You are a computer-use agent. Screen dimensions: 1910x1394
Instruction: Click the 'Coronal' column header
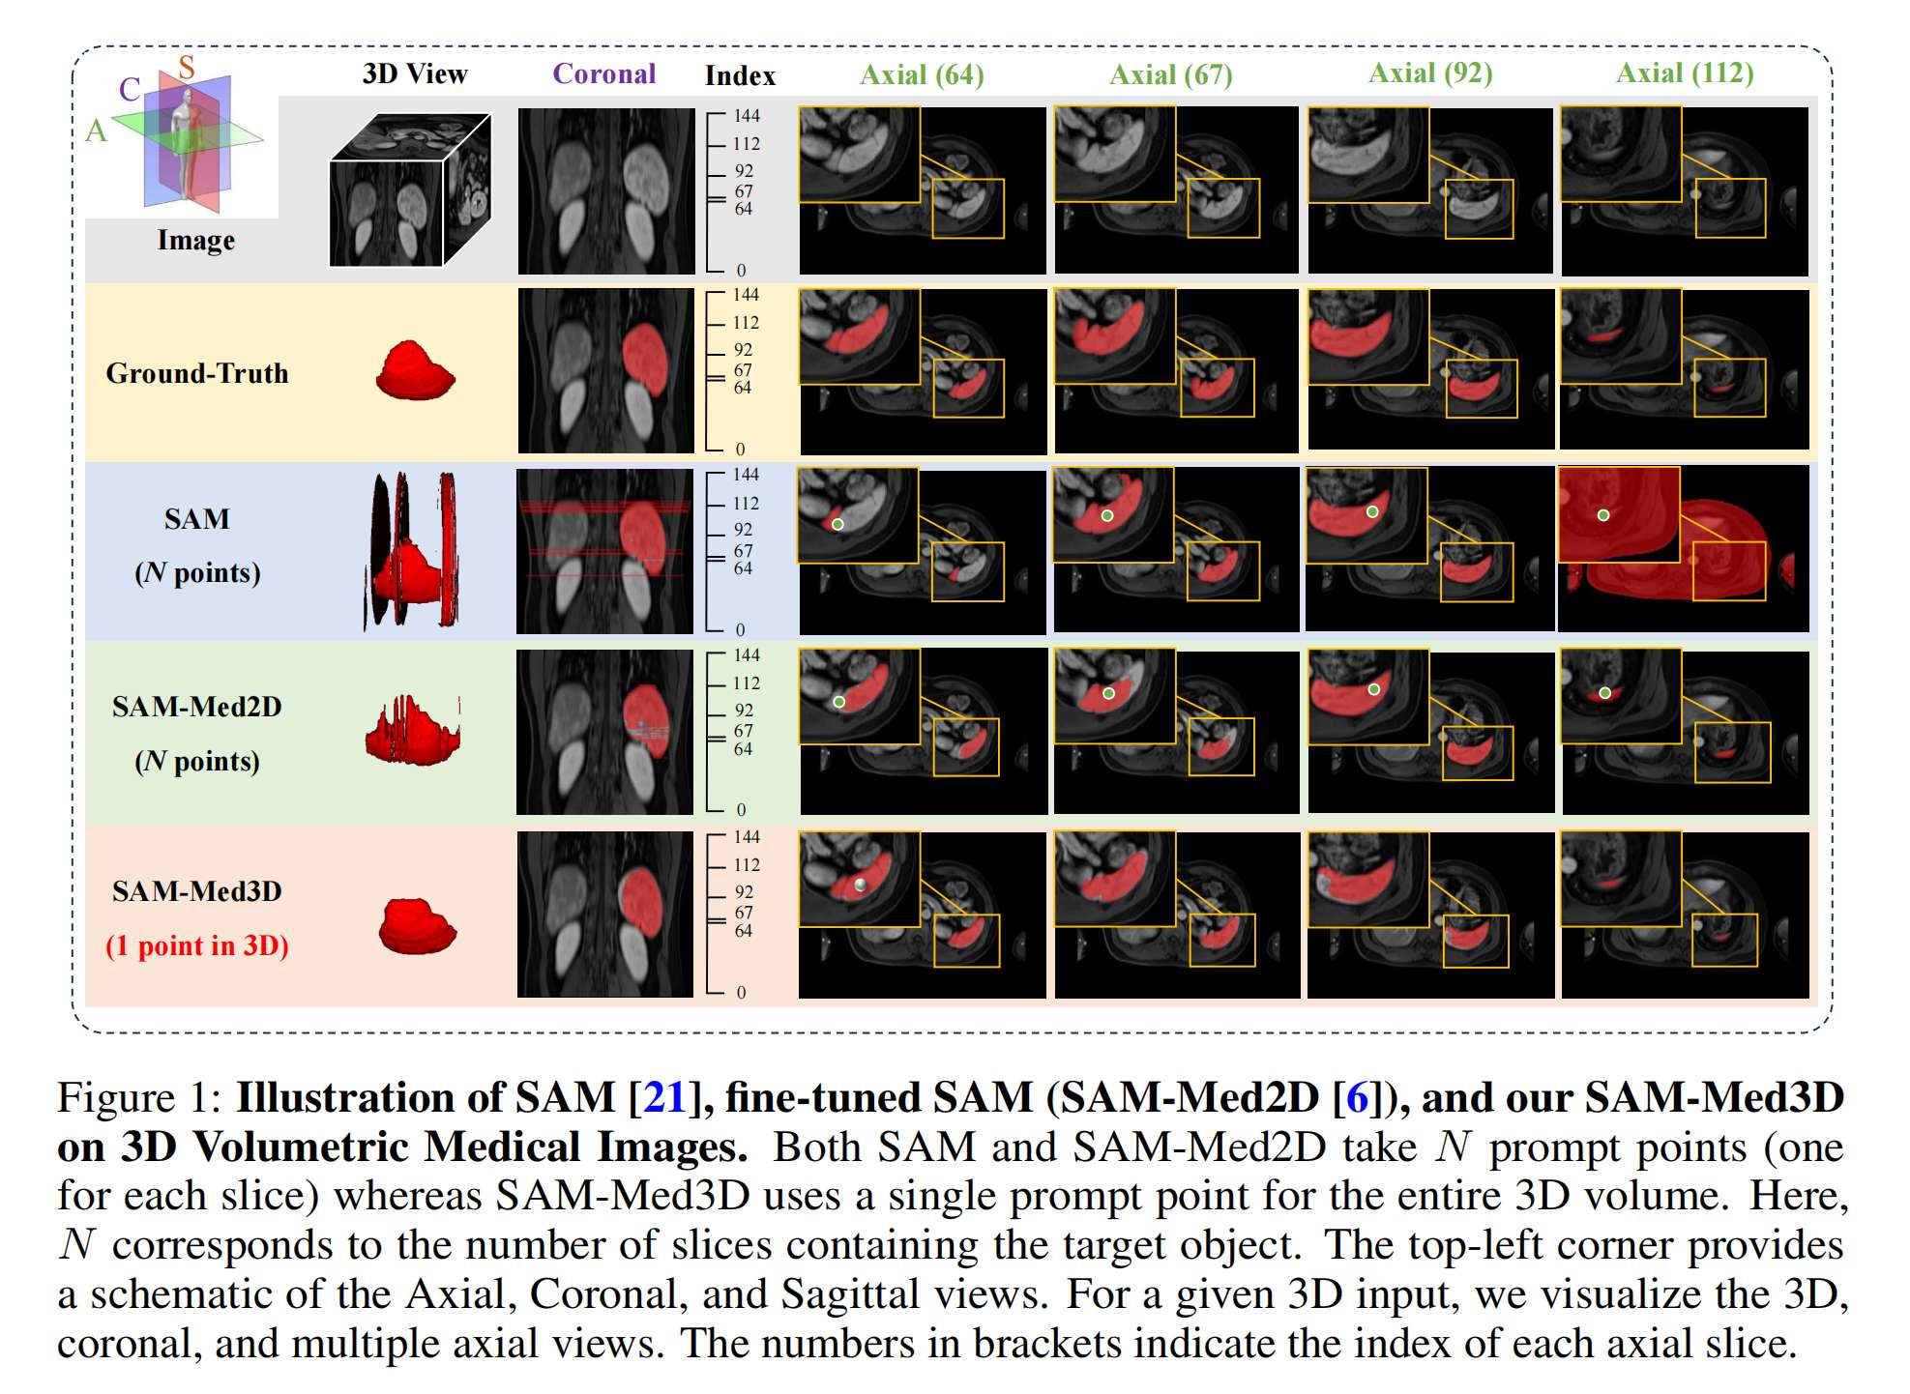pos(603,73)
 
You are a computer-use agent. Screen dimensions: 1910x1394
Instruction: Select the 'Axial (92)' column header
pos(1430,73)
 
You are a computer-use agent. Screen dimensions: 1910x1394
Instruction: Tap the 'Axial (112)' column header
pos(1685,73)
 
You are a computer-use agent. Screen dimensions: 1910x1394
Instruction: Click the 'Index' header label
pos(740,75)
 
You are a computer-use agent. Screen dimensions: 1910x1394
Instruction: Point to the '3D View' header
pos(415,73)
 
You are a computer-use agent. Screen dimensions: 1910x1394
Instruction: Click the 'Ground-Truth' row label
pos(197,373)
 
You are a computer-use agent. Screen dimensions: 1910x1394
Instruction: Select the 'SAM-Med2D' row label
pos(197,707)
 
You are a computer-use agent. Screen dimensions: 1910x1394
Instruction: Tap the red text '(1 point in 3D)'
pos(197,945)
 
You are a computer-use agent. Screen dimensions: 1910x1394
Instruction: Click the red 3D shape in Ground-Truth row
pos(415,370)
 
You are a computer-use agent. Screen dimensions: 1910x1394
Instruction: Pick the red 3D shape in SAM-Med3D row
pos(417,926)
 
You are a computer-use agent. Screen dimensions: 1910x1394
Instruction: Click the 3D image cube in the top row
pos(410,189)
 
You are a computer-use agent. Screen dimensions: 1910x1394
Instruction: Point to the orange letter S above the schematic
pos(187,67)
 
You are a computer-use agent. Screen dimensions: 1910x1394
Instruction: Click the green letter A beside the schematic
pos(96,131)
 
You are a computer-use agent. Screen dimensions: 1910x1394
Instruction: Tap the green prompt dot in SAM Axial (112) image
pos(1603,515)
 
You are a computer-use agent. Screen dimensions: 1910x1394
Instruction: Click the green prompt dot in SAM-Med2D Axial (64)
pos(839,702)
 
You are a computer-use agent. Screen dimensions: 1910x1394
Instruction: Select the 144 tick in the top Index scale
pos(746,116)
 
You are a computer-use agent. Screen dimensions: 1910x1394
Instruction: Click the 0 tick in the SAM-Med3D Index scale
pos(741,992)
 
